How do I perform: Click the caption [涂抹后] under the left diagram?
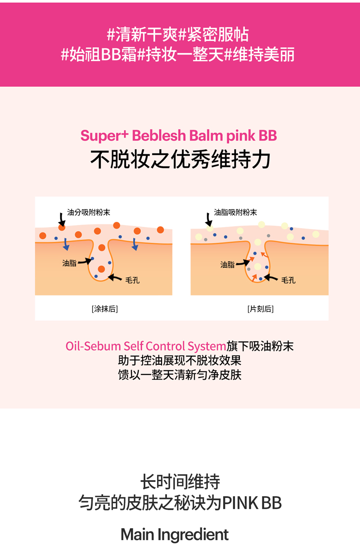[104, 309]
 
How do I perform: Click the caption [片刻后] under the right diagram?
[260, 309]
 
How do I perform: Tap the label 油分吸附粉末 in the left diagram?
[88, 212]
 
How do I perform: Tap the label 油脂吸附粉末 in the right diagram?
[235, 212]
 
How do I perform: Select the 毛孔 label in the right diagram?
[288, 280]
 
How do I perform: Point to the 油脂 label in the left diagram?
[69, 263]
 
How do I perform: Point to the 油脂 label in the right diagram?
[227, 265]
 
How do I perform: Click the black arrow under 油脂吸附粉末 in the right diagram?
[208, 220]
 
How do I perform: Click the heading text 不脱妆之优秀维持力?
[180, 160]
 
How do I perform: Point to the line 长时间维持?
[180, 482]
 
